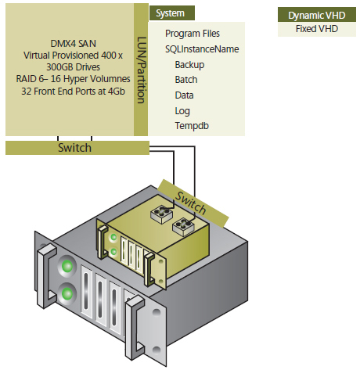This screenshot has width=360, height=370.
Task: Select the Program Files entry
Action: tap(193, 34)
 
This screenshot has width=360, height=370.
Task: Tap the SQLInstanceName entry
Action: tap(202, 49)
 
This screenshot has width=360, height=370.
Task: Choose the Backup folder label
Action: tap(189, 65)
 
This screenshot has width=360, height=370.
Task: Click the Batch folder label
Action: tap(186, 80)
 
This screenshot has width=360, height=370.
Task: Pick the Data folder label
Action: tap(184, 95)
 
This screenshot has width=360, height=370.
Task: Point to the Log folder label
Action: tap(182, 111)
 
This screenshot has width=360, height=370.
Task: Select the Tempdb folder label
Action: tap(192, 126)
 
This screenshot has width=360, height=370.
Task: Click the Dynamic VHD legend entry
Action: tap(317, 15)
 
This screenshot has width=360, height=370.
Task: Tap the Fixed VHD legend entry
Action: tap(317, 29)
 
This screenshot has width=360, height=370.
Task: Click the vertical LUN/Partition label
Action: tap(141, 70)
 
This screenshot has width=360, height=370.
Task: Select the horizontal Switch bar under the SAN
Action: tap(77, 148)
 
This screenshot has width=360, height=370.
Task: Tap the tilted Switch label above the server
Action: tap(190, 203)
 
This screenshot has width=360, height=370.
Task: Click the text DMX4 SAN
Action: tap(74, 43)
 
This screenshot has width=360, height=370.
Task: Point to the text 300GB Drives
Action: tap(73, 67)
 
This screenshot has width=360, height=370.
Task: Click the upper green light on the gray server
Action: tap(67, 266)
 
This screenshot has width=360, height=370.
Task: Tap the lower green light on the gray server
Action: tap(67, 293)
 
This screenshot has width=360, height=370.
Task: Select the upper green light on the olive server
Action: tap(113, 237)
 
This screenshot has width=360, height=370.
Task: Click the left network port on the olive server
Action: tap(162, 214)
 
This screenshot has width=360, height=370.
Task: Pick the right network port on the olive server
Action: tap(184, 227)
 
